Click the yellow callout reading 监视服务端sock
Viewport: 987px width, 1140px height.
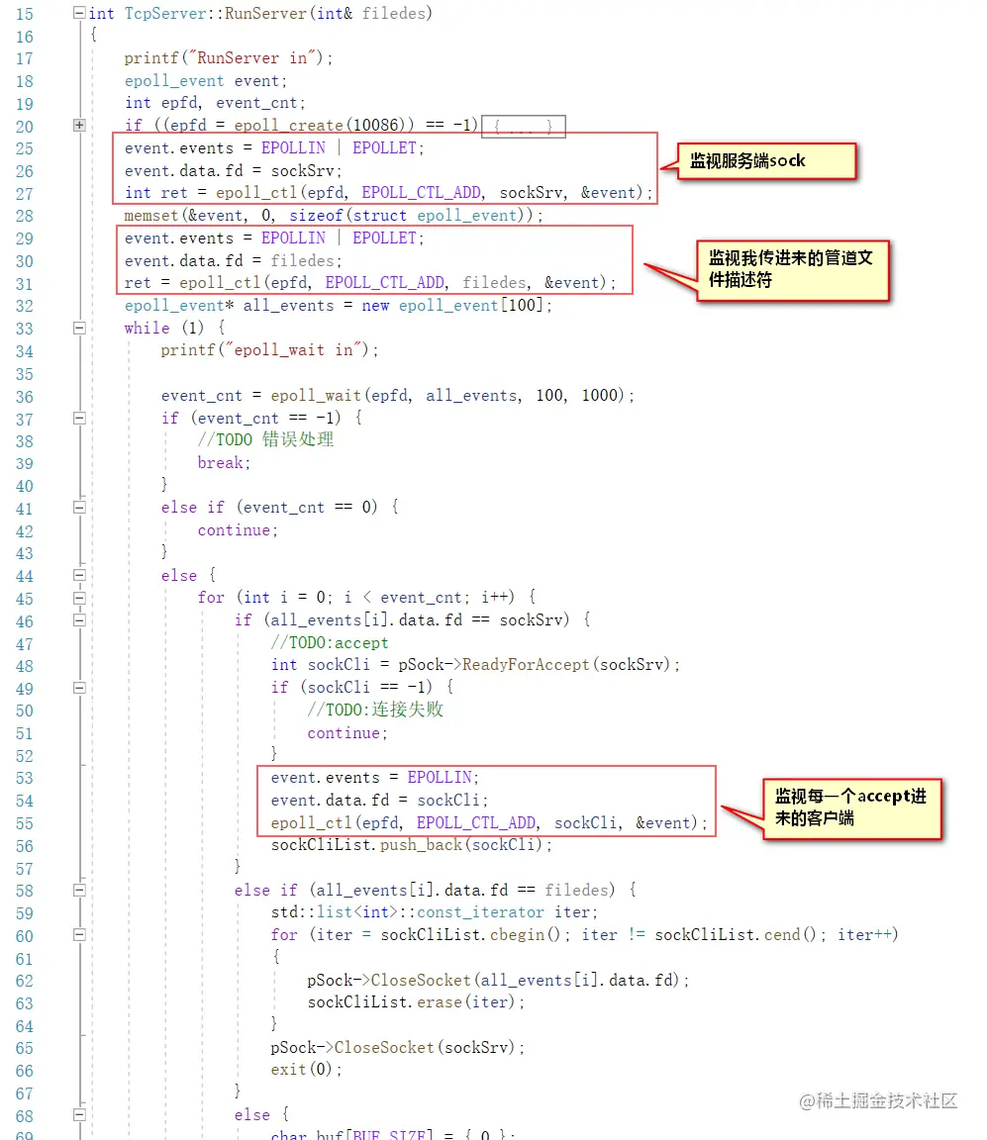[x=751, y=161]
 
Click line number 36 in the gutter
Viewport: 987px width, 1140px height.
[x=25, y=397]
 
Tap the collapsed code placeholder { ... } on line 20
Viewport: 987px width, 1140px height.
[x=523, y=127]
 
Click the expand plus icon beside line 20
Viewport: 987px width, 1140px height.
[x=79, y=126]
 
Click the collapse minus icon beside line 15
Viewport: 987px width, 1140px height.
[x=79, y=14]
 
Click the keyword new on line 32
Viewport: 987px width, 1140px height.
[x=375, y=306]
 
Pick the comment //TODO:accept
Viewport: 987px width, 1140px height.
[x=330, y=643]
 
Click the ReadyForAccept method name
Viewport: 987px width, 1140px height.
[x=526, y=665]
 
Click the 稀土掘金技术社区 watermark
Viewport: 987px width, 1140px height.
[x=879, y=1100]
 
